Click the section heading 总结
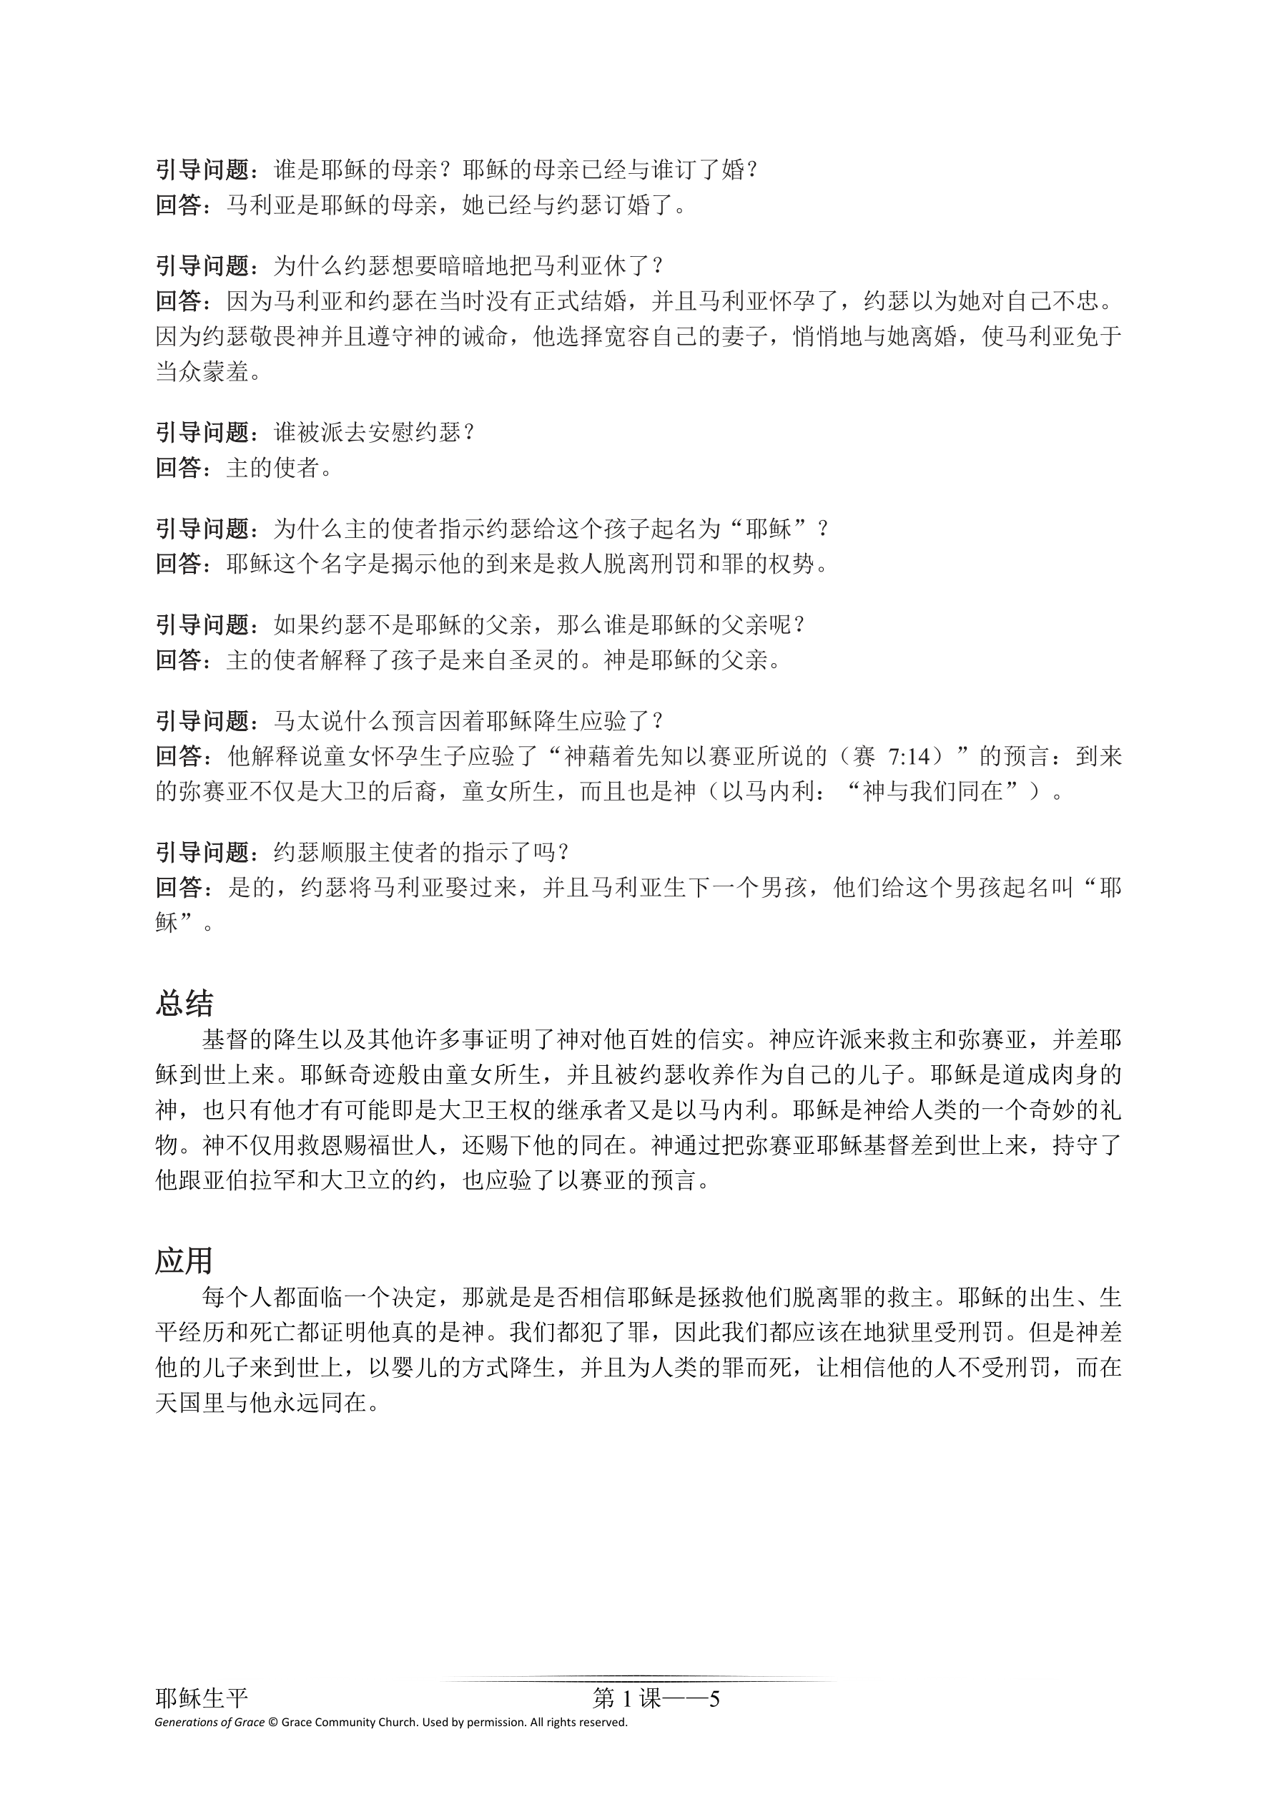[x=184, y=1004]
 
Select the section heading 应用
[x=184, y=1260]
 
